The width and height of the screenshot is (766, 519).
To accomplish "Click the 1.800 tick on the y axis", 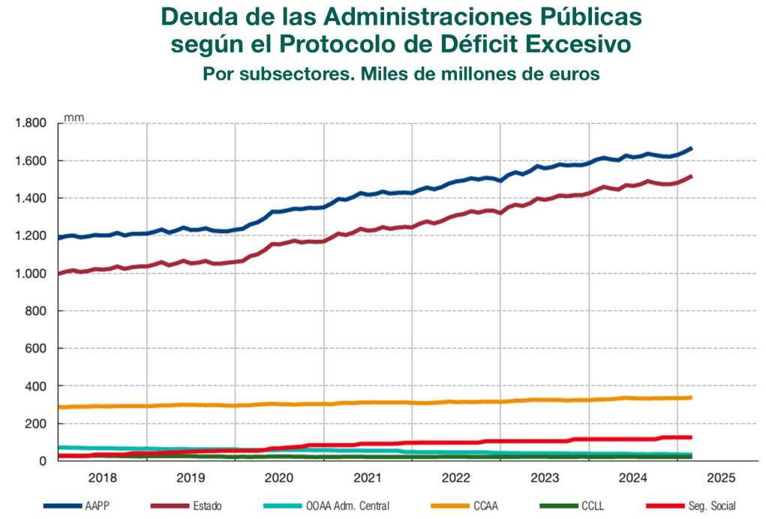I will tap(31, 123).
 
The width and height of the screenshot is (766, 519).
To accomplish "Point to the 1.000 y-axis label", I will tap(31, 274).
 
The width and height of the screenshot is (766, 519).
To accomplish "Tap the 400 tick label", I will tap(37, 386).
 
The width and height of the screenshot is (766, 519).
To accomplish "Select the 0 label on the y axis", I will tap(44, 461).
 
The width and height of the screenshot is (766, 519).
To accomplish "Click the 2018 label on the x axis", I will tap(102, 477).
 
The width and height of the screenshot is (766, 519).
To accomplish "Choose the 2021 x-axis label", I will tap(368, 477).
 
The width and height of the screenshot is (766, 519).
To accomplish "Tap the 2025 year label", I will tap(721, 477).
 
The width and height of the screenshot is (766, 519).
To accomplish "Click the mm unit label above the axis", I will tap(74, 117).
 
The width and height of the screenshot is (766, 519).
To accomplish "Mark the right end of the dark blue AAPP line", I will tap(691, 148).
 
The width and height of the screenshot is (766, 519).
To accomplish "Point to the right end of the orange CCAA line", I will tap(690, 397).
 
